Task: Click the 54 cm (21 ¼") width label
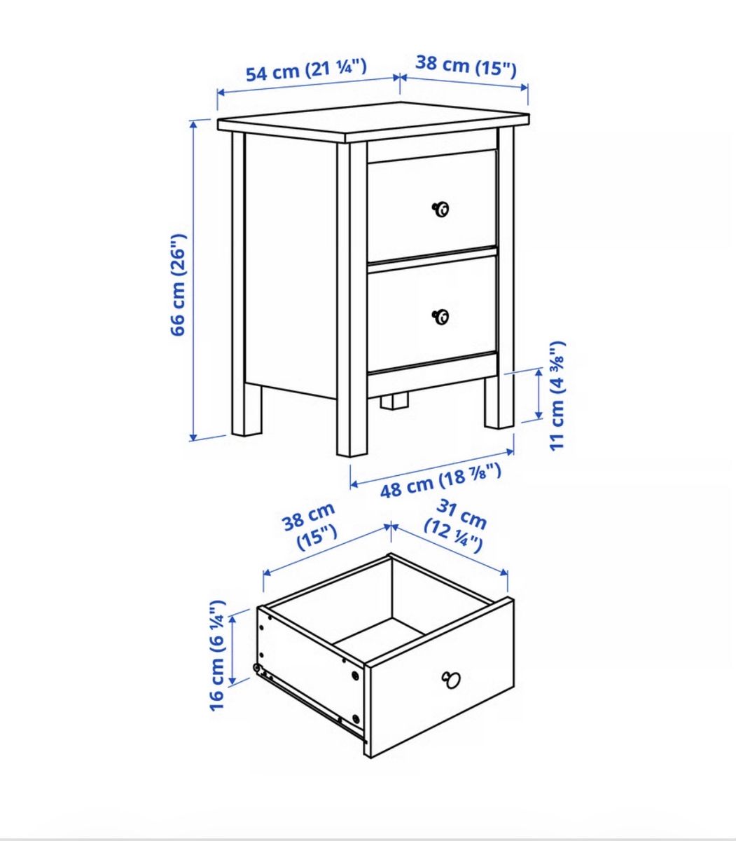(306, 71)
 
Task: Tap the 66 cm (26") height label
(179, 285)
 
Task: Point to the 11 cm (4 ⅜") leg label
(558, 396)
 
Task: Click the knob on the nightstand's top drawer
(441, 210)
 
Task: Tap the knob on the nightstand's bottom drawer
(441, 317)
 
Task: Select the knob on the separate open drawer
(451, 680)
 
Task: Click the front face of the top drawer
(432, 205)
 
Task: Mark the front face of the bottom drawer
(432, 313)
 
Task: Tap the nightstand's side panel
(291, 265)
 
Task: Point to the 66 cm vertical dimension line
(193, 281)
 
